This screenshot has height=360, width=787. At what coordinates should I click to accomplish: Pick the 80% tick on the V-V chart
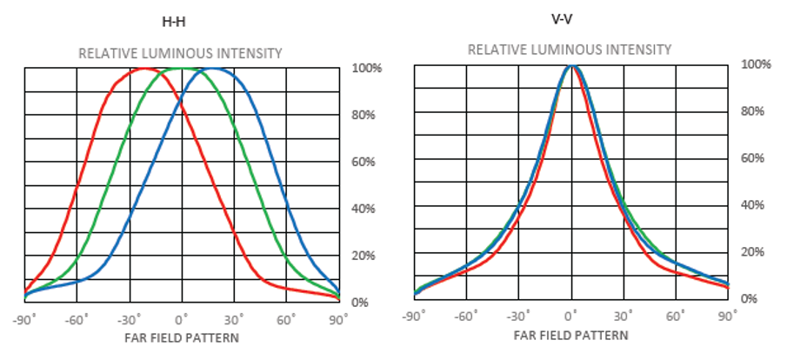click(x=752, y=111)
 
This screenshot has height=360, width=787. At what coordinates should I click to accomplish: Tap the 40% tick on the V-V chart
click(x=752, y=205)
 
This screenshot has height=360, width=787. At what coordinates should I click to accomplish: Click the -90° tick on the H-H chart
click(x=23, y=319)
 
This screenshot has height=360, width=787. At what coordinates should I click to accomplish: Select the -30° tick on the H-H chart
click(x=129, y=319)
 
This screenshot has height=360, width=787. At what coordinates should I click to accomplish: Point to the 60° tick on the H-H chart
click(x=286, y=319)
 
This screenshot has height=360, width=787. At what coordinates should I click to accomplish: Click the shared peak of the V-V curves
click(x=571, y=65)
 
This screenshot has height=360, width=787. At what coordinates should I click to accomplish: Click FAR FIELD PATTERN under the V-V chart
click(x=570, y=335)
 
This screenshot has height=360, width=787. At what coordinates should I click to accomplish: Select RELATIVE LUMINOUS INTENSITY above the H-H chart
click(x=180, y=53)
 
